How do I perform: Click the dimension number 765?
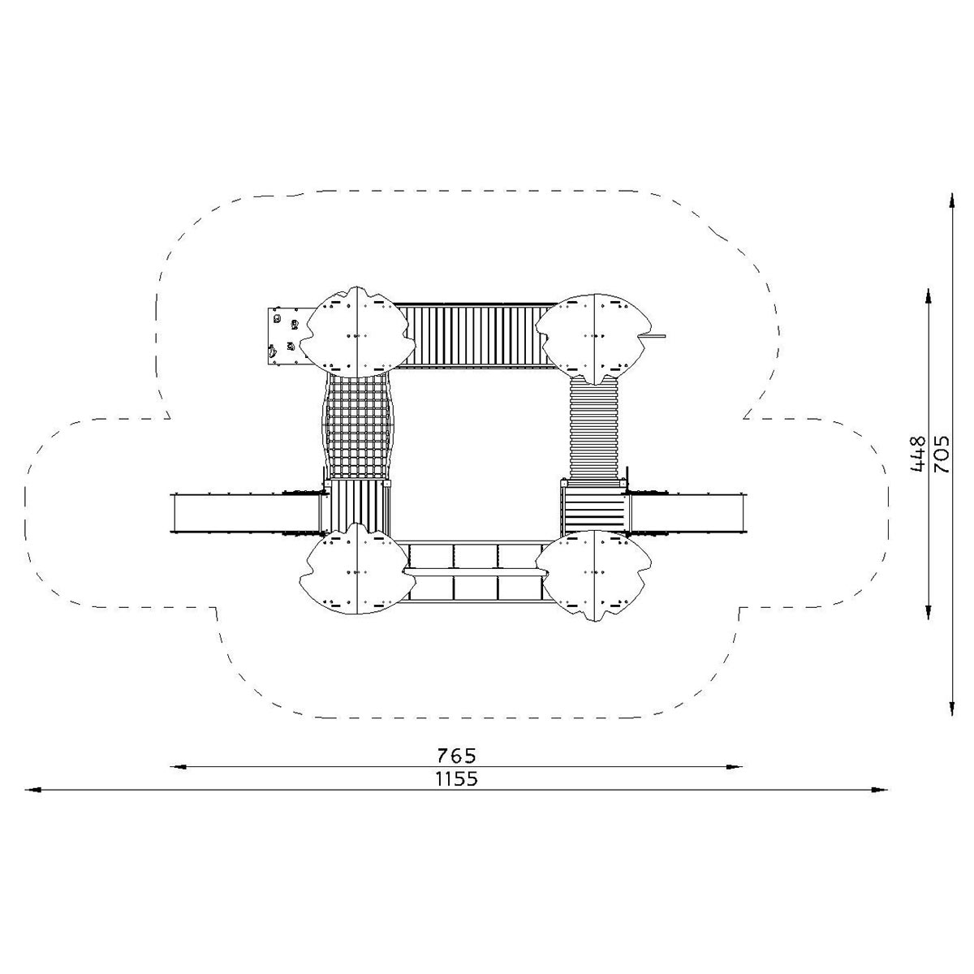pyautogui.click(x=456, y=769)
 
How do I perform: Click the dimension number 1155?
pyautogui.click(x=456, y=793)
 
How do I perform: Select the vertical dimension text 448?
pyautogui.click(x=918, y=454)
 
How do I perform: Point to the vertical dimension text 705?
pyautogui.click(x=942, y=454)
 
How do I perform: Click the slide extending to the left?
pyautogui.click(x=248, y=512)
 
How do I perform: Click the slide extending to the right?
pyautogui.click(x=687, y=512)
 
